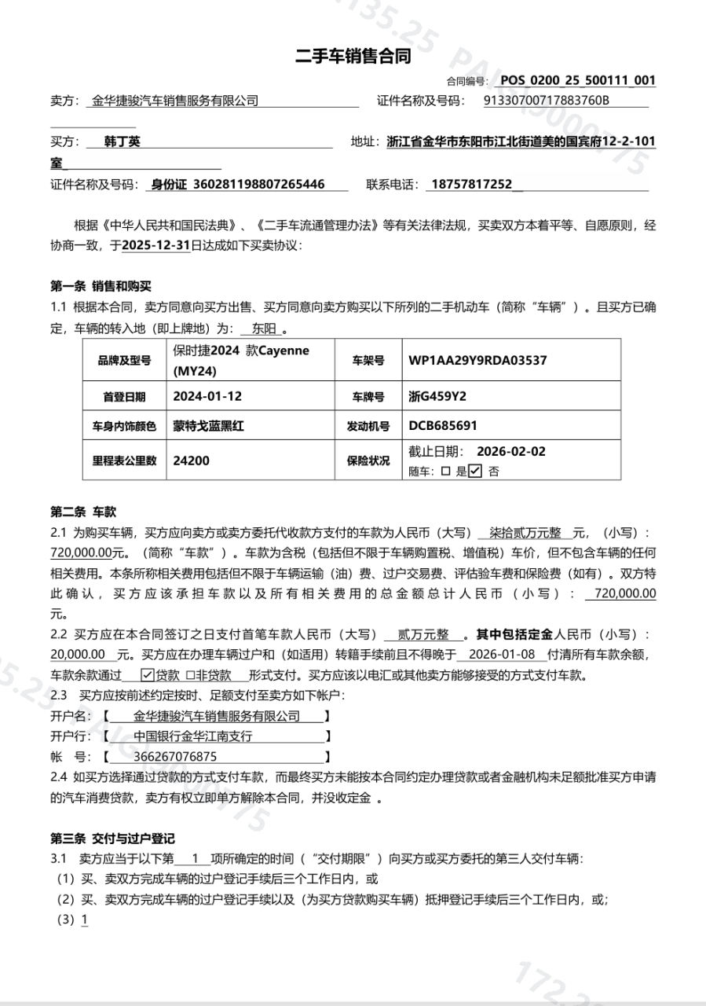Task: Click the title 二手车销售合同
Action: [353, 57]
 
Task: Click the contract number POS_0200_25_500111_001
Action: [577, 80]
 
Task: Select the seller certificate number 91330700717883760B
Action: [547, 101]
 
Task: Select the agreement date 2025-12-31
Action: [155, 245]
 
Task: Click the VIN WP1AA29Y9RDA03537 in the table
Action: [477, 361]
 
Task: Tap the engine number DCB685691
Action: [443, 426]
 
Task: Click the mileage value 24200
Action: [191, 461]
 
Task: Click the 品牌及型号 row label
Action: [124, 361]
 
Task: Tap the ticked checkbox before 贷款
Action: [147, 675]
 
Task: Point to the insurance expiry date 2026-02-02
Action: [510, 452]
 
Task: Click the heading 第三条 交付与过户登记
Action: [112, 839]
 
